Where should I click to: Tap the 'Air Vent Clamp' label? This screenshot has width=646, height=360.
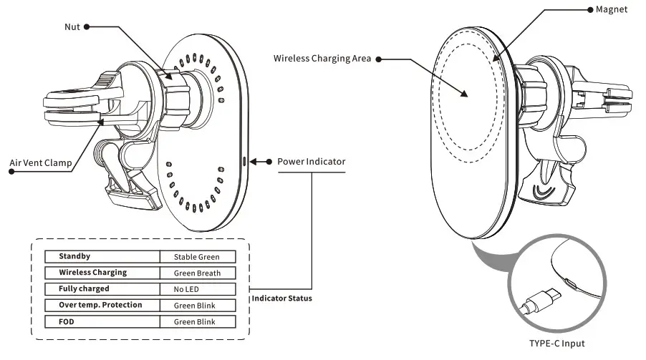click(40, 163)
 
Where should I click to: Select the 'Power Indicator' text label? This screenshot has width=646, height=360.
click(311, 162)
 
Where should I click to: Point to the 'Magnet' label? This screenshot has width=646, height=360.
click(612, 10)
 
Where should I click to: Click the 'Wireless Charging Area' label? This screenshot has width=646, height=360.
click(322, 59)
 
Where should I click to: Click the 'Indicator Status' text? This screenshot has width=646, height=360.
click(281, 298)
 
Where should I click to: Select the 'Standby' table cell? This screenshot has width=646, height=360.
click(74, 256)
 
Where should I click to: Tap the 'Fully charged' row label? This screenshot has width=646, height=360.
click(84, 289)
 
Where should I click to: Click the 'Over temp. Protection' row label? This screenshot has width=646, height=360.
click(100, 306)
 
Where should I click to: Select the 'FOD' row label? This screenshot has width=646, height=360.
click(67, 322)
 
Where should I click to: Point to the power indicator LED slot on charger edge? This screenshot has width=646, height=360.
click(245, 161)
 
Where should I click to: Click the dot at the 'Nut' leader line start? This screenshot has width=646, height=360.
click(87, 26)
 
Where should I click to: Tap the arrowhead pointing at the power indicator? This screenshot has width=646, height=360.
click(258, 162)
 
